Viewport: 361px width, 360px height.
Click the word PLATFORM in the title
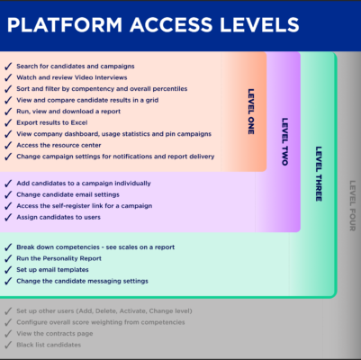click(65, 24)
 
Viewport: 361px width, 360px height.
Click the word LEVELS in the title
click(259, 24)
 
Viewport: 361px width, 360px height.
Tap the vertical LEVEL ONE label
click(251, 112)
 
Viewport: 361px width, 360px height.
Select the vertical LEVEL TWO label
click(284, 141)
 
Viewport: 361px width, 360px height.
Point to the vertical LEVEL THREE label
click(319, 174)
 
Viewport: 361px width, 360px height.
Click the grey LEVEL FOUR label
click(353, 205)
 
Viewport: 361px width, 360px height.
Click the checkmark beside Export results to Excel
click(8, 122)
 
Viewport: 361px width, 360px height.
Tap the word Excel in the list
click(79, 122)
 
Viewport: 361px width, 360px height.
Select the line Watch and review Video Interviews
click(72, 77)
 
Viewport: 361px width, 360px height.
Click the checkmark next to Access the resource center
click(8, 145)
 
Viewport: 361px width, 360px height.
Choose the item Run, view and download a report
click(68, 112)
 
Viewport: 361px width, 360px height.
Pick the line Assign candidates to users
click(59, 217)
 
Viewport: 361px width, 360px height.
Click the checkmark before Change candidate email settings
click(8, 194)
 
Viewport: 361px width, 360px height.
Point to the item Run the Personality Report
click(59, 258)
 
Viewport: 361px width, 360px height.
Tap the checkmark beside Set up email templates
click(8, 270)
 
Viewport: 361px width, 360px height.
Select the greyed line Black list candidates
click(49, 345)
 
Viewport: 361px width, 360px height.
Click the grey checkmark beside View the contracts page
click(8, 334)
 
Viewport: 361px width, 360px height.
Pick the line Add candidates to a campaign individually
click(84, 184)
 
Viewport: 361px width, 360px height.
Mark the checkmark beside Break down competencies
click(8, 247)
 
